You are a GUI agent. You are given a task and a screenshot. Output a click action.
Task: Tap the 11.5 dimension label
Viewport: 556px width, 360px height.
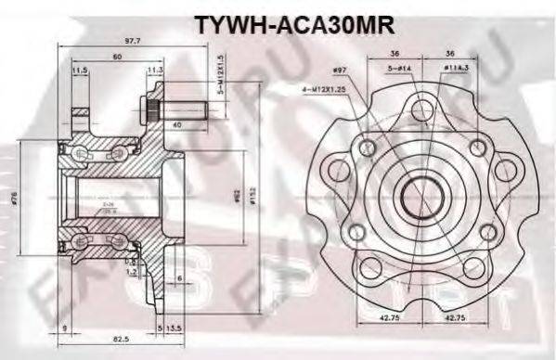tap(80, 70)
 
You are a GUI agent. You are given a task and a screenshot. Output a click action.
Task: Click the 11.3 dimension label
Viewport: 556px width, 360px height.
tap(155, 70)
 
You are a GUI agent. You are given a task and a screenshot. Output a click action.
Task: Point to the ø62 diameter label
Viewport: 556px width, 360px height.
tap(239, 196)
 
